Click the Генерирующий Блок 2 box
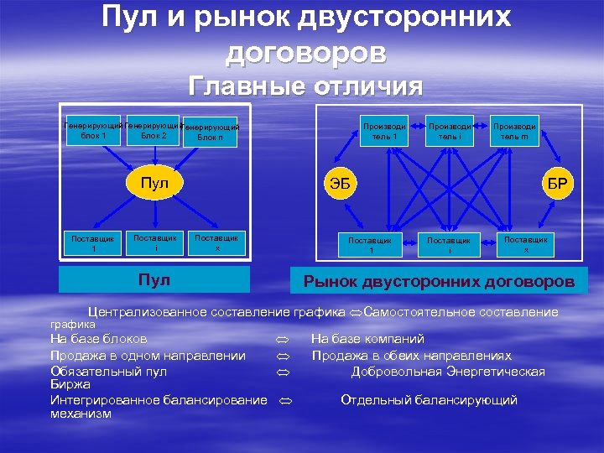154,130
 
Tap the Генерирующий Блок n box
211,133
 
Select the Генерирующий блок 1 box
93,130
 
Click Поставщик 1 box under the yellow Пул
95,242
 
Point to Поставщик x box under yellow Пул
216,242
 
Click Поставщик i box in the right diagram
449,245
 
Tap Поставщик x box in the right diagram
526,244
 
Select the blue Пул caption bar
155,279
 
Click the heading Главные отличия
305,86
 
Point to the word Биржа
70,383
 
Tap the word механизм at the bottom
81,413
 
